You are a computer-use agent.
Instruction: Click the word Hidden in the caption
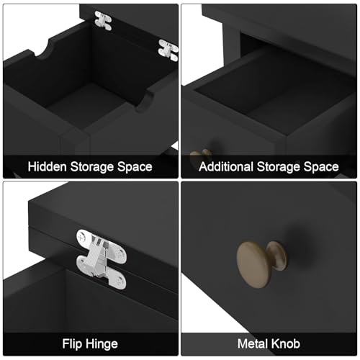pos(47,166)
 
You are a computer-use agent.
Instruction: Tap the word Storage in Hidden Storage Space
pos(91,167)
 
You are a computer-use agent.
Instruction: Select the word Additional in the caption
pos(226,166)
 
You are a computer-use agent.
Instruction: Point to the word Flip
pos(72,344)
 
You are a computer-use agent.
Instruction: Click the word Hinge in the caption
pos(102,345)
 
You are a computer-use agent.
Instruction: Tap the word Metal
pos(253,343)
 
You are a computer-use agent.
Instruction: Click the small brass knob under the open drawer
pos(201,156)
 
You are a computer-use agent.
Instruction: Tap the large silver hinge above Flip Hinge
pos(102,259)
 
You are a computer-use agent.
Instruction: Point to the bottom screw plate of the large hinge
pos(117,280)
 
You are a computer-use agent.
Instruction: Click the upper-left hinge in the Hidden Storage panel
pos(103,21)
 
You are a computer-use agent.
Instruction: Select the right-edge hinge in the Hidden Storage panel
pos(168,50)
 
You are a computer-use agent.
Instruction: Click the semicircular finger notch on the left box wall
pos(45,50)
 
